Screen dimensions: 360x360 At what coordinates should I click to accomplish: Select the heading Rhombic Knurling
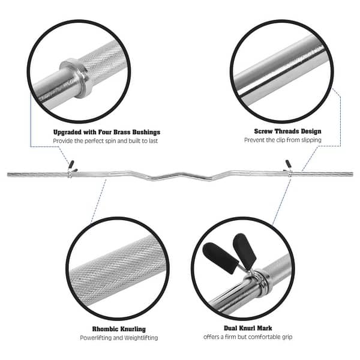tap(119, 329)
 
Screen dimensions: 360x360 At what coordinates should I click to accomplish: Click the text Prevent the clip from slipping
tap(282, 140)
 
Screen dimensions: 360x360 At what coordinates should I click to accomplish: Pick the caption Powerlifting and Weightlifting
tap(119, 338)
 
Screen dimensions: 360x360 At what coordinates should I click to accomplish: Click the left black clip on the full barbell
tap(71, 163)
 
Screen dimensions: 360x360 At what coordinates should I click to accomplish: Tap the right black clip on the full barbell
tap(288, 163)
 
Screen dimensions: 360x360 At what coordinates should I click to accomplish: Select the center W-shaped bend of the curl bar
tap(180, 176)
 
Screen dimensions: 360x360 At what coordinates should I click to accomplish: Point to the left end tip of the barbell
tap(8, 175)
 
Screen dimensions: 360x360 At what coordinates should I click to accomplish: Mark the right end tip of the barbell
tap(352, 175)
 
